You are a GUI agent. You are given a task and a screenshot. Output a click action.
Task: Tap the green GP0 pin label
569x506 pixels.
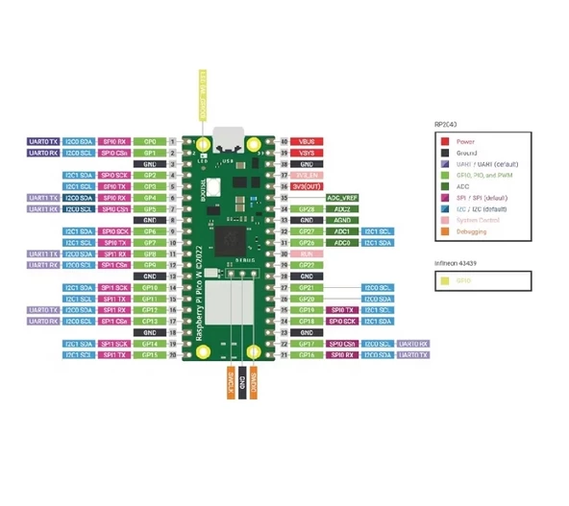(x=150, y=141)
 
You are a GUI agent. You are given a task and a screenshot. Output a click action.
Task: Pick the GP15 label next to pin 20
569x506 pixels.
(x=150, y=354)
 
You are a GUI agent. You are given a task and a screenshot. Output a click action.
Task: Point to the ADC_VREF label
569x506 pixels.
(x=340, y=197)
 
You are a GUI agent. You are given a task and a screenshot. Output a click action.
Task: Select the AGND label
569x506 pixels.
(x=340, y=220)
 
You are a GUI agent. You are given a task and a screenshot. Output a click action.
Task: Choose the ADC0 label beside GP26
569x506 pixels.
(x=341, y=243)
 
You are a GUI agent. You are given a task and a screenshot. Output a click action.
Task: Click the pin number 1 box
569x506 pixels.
(x=173, y=141)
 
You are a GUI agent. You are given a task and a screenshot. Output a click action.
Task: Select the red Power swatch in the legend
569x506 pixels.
(x=445, y=141)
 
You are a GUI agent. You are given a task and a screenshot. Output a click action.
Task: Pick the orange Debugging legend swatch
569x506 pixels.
(x=445, y=230)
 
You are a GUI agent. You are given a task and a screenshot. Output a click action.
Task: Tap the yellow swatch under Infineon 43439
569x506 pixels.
(x=445, y=279)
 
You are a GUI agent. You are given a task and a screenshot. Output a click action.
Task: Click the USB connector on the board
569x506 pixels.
(x=229, y=135)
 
